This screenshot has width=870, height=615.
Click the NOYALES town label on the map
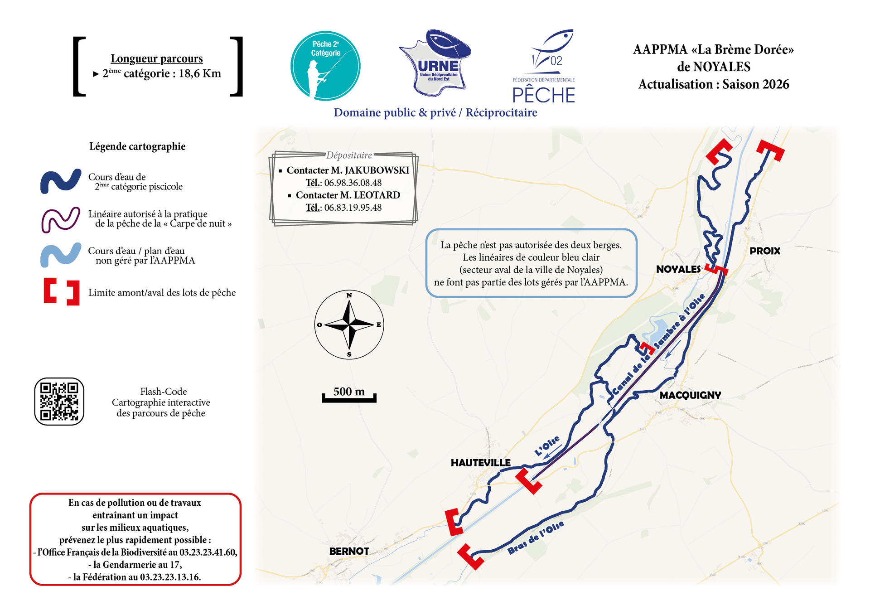[x=678, y=269]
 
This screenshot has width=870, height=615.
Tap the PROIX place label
[x=764, y=251]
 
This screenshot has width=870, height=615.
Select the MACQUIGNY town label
[x=690, y=395]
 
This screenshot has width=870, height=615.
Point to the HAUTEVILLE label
[x=480, y=463]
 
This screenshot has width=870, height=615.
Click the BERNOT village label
[x=349, y=551]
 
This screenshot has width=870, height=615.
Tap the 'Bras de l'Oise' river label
[x=536, y=538]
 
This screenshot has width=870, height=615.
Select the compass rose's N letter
[x=349, y=295]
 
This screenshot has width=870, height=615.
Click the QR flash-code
[x=59, y=402]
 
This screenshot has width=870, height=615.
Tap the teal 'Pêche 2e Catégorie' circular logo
[x=325, y=66]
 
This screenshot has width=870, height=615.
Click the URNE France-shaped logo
[x=436, y=63]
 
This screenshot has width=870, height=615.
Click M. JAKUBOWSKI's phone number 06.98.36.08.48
[x=353, y=183]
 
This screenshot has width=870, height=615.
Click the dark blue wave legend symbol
[x=61, y=181]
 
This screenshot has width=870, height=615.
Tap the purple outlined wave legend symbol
[x=61, y=220]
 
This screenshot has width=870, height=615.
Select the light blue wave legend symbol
[x=61, y=255]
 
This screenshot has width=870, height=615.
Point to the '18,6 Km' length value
[x=199, y=73]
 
